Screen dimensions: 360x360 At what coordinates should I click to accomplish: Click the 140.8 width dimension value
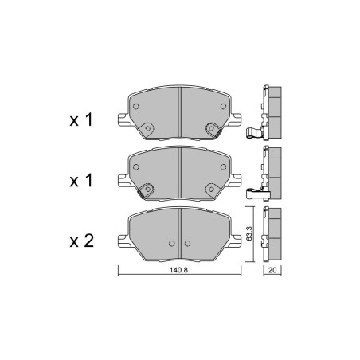(x=178, y=270)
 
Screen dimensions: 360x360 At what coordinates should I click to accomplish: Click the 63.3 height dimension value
(x=248, y=233)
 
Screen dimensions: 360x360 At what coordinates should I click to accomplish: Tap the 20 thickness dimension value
(x=272, y=270)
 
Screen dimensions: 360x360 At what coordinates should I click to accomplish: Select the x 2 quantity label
(x=81, y=241)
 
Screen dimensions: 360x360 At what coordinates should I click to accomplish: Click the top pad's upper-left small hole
(x=135, y=107)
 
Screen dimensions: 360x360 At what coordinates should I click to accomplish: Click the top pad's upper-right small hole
(x=223, y=107)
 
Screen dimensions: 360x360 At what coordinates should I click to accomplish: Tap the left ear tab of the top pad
(x=123, y=120)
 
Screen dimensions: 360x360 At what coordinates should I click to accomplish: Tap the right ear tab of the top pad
(x=235, y=120)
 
